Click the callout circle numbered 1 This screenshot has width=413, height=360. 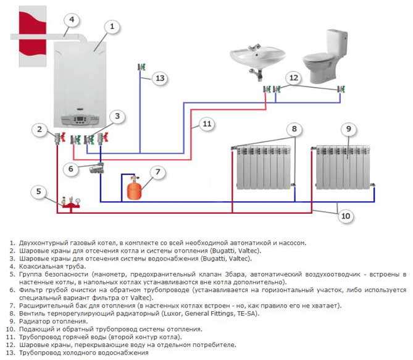pyautogui.click(x=112, y=27)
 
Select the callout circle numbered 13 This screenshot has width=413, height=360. pyautogui.click(x=160, y=78)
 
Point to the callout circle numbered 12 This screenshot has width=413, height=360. pyautogui.click(x=293, y=78)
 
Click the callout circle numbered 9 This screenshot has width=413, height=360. pyautogui.click(x=349, y=128)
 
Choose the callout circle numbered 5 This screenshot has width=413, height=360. pyautogui.click(x=40, y=192)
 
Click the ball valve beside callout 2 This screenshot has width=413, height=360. pyautogui.click(x=59, y=136)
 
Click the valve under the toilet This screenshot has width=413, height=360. pyautogui.click(x=341, y=90)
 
